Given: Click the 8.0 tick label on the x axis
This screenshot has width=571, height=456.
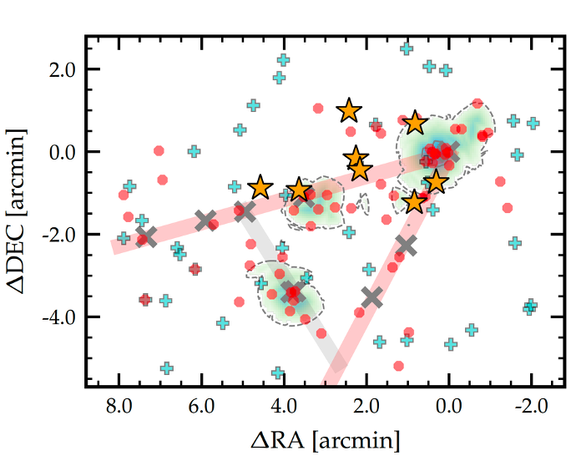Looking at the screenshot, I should coord(119,408).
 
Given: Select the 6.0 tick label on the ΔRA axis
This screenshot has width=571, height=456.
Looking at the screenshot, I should coord(202,408).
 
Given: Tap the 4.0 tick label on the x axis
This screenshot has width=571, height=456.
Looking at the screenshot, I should coord(284,408).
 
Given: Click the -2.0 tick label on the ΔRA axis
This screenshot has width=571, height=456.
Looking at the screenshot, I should coord(528,408).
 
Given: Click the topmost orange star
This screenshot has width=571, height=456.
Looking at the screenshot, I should coord(349,110).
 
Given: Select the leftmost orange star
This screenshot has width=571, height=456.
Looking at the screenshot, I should coord(260,187).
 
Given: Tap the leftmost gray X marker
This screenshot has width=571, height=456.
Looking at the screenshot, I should coord(146,236).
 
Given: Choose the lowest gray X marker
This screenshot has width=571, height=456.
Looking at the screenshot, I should coord(372,296).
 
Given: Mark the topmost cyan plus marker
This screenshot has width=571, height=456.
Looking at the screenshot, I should coord(407,48).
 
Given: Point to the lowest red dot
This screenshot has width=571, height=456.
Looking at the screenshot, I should coord(399,365).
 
